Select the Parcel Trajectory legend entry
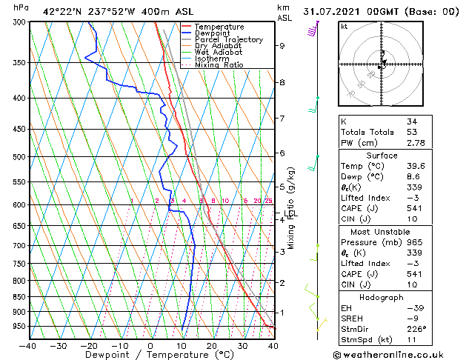click(x=228, y=40)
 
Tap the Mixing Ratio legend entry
click(x=219, y=65)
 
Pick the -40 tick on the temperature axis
click(x=28, y=345)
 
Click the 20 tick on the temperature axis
click(x=211, y=345)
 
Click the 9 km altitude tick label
click(x=282, y=46)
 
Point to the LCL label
click(x=291, y=215)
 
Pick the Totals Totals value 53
click(x=411, y=132)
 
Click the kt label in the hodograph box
click(x=344, y=26)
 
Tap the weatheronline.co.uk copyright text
click(x=399, y=354)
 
